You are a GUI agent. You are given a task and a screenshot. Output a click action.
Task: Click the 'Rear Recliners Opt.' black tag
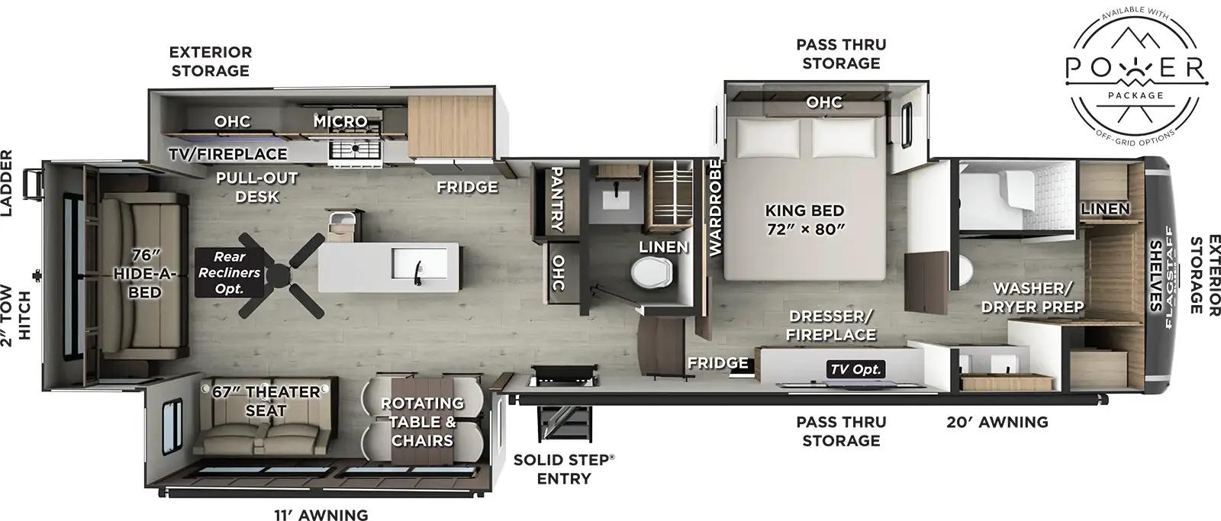(x=229, y=272)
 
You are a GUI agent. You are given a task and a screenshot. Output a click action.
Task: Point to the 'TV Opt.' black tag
(x=855, y=369)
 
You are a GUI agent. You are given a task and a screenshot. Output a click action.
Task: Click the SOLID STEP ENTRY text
(x=564, y=469)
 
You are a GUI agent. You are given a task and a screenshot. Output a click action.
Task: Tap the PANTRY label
(x=557, y=198)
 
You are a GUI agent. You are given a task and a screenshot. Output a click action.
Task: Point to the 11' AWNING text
(x=321, y=515)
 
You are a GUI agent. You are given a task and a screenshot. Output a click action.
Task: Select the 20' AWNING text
(x=997, y=422)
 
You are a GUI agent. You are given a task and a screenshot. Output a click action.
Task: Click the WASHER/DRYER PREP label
(x=1033, y=297)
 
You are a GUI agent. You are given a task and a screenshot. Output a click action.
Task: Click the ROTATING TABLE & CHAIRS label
(x=422, y=422)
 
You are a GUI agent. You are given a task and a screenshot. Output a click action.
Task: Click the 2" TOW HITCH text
(x=16, y=313)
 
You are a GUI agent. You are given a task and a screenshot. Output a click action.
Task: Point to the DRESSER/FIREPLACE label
(x=830, y=325)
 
